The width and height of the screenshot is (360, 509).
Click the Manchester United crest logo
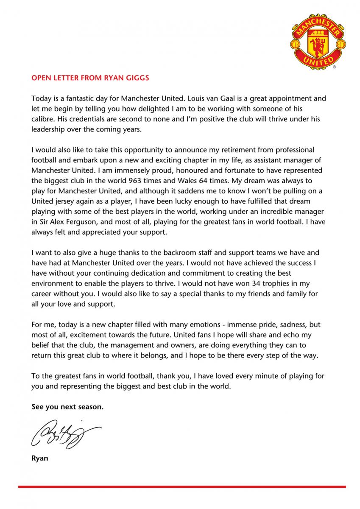(318, 42)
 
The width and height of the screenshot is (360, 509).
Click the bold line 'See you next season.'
(67, 406)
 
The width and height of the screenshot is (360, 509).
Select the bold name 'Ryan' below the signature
(40, 458)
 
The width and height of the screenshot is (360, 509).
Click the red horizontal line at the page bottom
(181, 487)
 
